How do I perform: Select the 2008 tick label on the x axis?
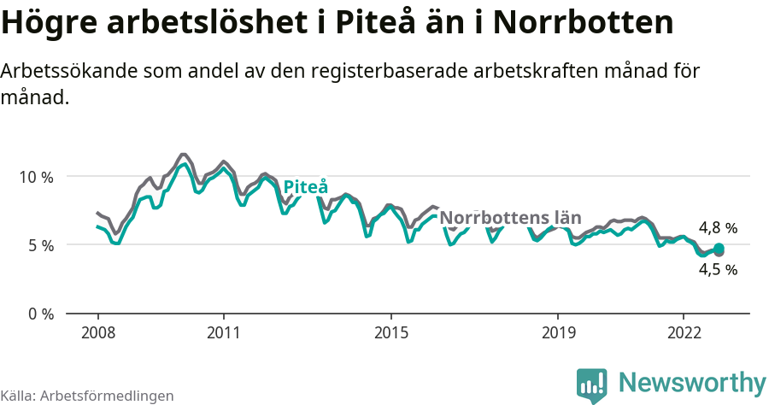point(97,332)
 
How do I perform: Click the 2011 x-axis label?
point(223,332)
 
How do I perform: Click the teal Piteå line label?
point(305,187)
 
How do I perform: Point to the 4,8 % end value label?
point(718,228)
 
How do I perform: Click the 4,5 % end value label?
point(718,269)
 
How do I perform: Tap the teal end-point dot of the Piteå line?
point(719,249)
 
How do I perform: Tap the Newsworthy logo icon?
point(592,384)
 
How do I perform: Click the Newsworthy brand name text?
point(692,382)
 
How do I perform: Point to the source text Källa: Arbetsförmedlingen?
point(87,396)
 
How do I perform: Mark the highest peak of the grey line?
point(183,155)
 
